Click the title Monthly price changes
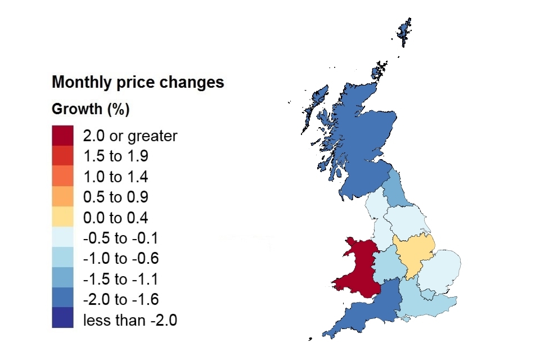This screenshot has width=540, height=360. [x=138, y=82]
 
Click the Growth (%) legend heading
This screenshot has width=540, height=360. [x=91, y=109]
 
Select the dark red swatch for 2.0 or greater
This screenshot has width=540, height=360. [x=62, y=136]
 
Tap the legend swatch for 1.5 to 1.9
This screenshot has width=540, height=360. [x=62, y=156]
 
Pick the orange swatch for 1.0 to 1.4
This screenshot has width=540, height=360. [x=62, y=177]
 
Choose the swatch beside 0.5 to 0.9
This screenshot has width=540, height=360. [x=62, y=197]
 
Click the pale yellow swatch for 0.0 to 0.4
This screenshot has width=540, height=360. [x=62, y=218]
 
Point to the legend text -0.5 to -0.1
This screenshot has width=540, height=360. [x=121, y=238]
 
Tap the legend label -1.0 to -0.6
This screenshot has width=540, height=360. [x=121, y=259]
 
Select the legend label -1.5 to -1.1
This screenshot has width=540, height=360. [x=121, y=280]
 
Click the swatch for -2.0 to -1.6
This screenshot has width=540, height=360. [x=62, y=300]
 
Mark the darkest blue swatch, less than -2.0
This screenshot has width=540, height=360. [x=62, y=318]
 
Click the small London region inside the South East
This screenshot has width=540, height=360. [x=429, y=294]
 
